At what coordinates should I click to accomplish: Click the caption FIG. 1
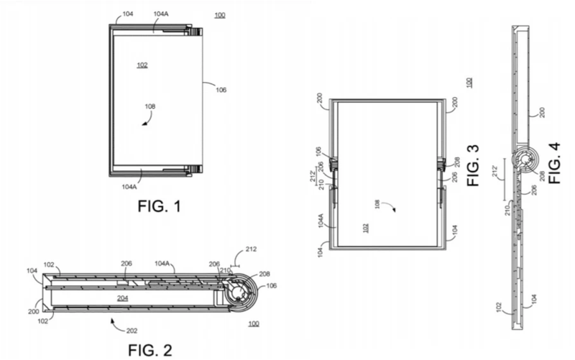(159, 207)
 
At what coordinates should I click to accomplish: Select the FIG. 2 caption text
(150, 350)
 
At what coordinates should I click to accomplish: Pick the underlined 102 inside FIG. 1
(142, 65)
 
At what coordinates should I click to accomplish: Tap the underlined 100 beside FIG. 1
(218, 14)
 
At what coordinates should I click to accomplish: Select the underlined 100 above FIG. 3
(469, 83)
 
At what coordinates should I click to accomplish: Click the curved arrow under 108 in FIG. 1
(147, 122)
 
